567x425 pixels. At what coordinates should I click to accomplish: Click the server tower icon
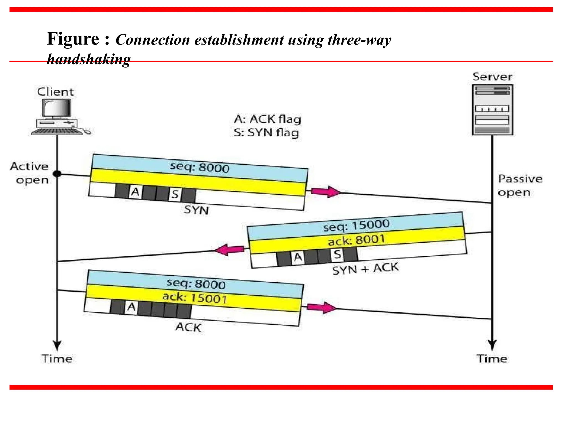pyautogui.click(x=492, y=110)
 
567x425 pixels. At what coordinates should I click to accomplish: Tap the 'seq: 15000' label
pyautogui.click(x=356, y=226)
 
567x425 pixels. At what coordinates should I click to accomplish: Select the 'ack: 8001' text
pyautogui.click(x=356, y=240)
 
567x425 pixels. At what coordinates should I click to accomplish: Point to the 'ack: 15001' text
pyautogui.click(x=194, y=298)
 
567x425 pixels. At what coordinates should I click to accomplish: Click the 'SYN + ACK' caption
pyautogui.click(x=365, y=269)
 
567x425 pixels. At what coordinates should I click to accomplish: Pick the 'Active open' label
pyautogui.click(x=30, y=173)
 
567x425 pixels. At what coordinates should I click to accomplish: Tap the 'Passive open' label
pyautogui.click(x=520, y=185)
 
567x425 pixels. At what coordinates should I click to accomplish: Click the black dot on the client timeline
pyautogui.click(x=57, y=174)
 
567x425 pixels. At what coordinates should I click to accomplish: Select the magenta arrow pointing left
pyautogui.click(x=229, y=250)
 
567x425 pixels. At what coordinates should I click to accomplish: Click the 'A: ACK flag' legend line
pyautogui.click(x=267, y=119)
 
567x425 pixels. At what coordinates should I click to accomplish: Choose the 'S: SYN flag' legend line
pyautogui.click(x=266, y=133)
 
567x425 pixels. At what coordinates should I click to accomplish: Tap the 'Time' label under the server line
pyautogui.click(x=492, y=359)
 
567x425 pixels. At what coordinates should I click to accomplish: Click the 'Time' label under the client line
pyautogui.click(x=57, y=359)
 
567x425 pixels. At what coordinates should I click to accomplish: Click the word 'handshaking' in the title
pyautogui.click(x=89, y=59)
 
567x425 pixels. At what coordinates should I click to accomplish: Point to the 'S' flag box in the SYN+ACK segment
pyautogui.click(x=337, y=255)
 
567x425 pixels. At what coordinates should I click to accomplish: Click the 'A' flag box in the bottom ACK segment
pyautogui.click(x=131, y=307)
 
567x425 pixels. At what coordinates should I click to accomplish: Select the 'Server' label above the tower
pyautogui.click(x=492, y=77)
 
